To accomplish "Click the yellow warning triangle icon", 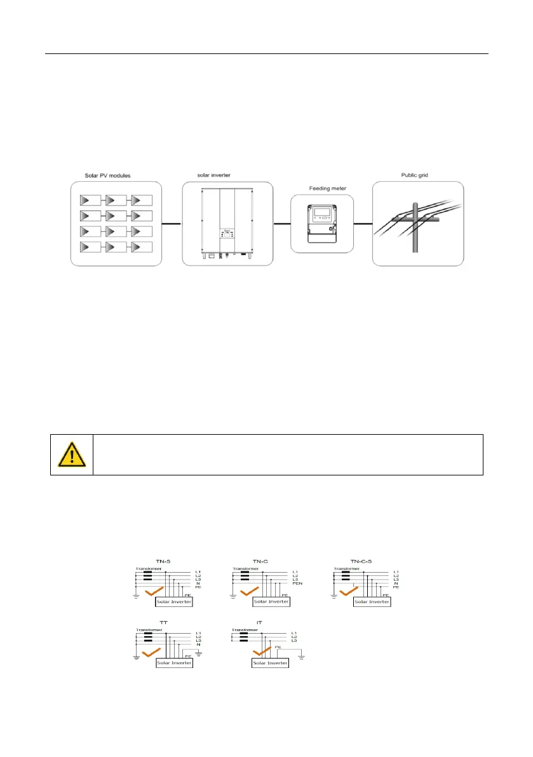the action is (71, 454).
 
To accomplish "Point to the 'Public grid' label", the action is (417, 175).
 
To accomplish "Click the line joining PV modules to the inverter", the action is (167, 224).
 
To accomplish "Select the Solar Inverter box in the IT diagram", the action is (270, 663).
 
